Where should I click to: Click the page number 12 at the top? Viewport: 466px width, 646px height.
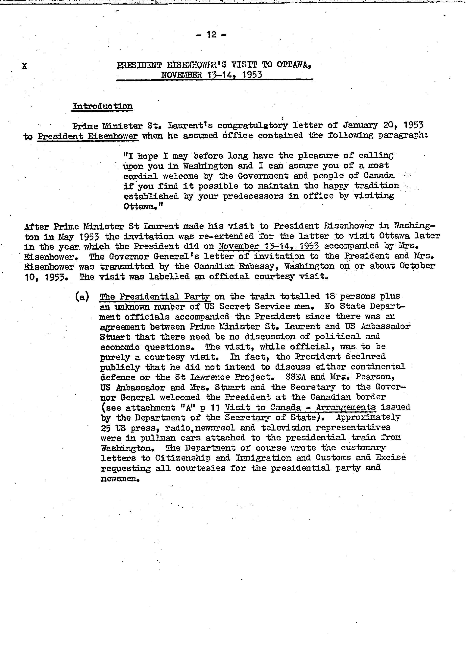click(211, 35)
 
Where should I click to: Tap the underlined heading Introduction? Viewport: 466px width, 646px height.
click(102, 106)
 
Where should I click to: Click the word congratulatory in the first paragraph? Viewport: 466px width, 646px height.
click(253, 125)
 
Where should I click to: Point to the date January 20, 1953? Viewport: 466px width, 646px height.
click(383, 125)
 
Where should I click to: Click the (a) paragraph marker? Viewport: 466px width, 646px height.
click(82, 297)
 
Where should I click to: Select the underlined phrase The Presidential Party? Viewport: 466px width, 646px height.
click(155, 297)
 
